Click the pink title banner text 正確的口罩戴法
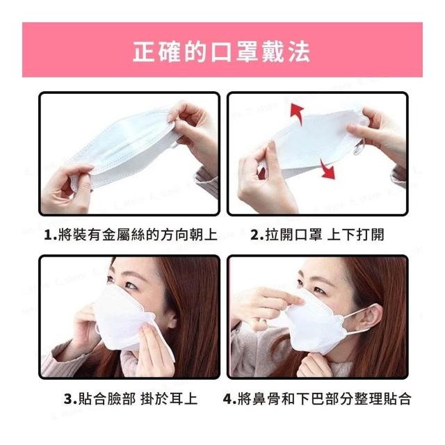[x=221, y=51]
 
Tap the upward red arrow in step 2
[x=297, y=113]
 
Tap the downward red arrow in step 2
[x=327, y=169]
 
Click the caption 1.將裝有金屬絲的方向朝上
[x=131, y=235]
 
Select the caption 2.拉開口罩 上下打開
[x=317, y=235]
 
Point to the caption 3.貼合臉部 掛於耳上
[x=131, y=398]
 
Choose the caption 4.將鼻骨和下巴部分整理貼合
[x=317, y=398]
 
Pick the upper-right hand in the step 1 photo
[x=193, y=133]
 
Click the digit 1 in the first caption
[x=48, y=236]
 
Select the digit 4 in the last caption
[x=228, y=399]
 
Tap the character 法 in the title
[x=300, y=51]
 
